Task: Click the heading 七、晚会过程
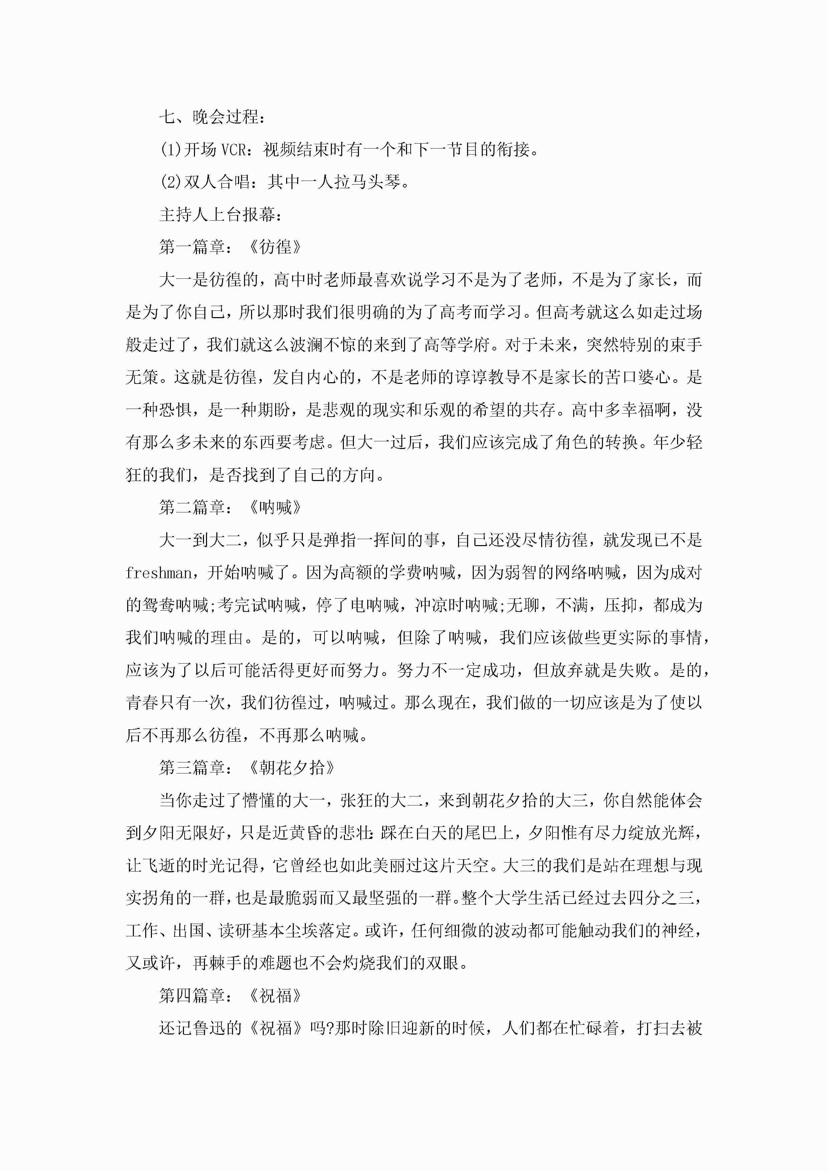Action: pyautogui.click(x=212, y=117)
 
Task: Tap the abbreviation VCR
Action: pyautogui.click(x=233, y=150)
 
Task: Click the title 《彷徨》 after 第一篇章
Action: pyautogui.click(x=275, y=247)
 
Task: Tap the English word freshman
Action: pyautogui.click(x=158, y=573)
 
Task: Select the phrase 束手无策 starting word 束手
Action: pyautogui.click(x=685, y=345)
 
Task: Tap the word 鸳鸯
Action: pyautogui.click(x=159, y=606)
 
